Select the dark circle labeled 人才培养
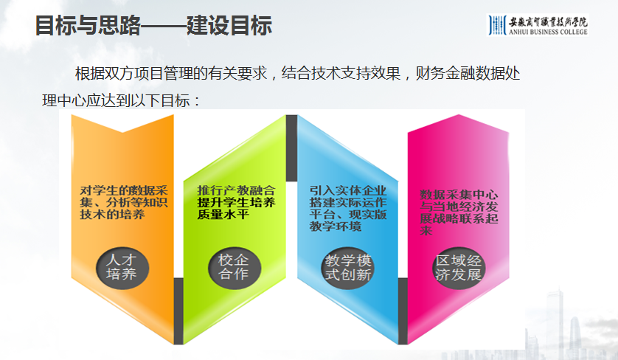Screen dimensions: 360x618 tap(122, 267)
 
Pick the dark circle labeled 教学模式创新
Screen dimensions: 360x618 tap(348, 267)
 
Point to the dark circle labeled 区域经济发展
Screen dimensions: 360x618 tap(458, 267)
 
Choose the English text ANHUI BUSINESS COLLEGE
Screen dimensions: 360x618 tap(549, 32)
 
